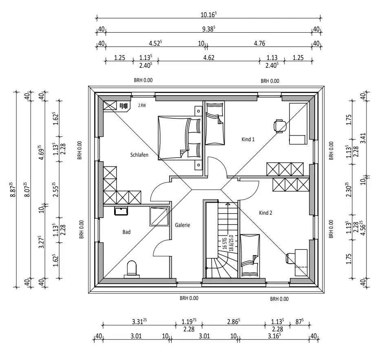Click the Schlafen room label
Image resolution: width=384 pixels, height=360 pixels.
click(x=139, y=155)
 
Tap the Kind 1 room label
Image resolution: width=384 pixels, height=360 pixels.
click(x=248, y=140)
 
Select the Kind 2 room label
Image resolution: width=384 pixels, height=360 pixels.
click(x=266, y=213)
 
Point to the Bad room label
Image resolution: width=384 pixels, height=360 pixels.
click(x=127, y=232)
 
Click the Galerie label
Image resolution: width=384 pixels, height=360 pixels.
click(x=183, y=225)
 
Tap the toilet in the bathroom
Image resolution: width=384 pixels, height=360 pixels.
click(x=132, y=269)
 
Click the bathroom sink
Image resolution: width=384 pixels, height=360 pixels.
click(x=121, y=211)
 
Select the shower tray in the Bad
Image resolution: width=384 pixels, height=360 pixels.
click(x=159, y=216)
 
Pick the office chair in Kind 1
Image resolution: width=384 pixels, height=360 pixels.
click(x=280, y=126)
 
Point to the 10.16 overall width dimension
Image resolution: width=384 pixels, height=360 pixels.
click(x=209, y=15)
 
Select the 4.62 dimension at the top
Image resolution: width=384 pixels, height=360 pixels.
click(x=209, y=58)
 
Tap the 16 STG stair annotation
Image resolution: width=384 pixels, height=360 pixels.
click(x=225, y=244)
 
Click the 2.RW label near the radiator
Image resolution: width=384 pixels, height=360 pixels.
click(x=142, y=106)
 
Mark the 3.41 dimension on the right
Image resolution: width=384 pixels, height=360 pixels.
click(x=363, y=138)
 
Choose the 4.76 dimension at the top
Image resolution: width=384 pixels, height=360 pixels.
click(x=259, y=43)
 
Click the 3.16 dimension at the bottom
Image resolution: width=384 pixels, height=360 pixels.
click(x=274, y=336)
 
